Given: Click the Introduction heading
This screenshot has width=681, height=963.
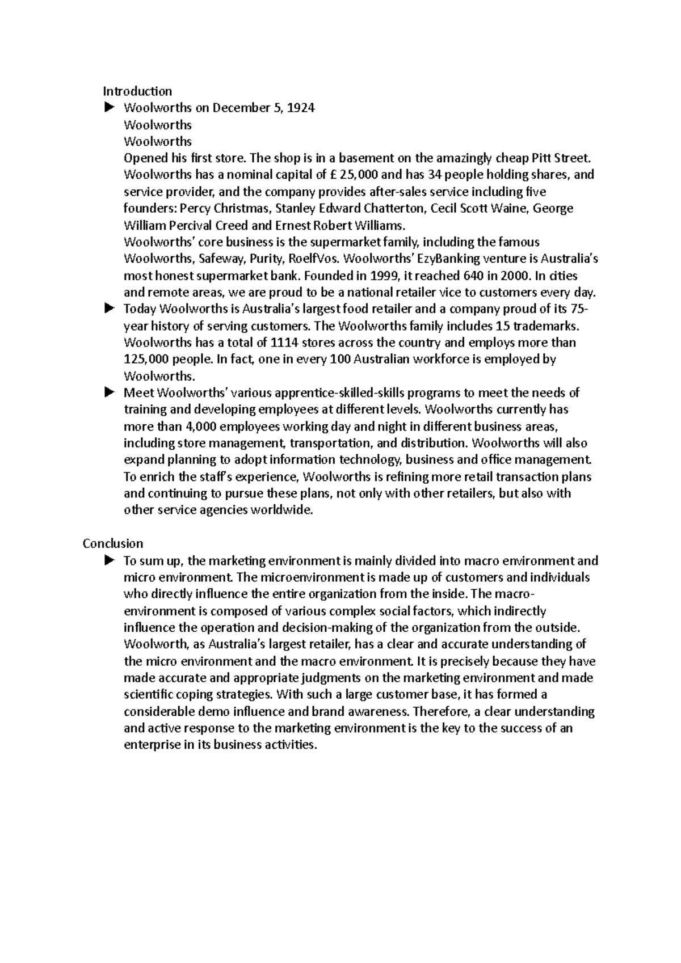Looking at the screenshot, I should [x=137, y=91].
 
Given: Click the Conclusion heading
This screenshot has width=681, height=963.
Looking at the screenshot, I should [x=112, y=543].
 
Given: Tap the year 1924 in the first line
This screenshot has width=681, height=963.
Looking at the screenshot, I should [x=301, y=108].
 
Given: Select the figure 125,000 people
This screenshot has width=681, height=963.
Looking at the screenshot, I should [x=145, y=359].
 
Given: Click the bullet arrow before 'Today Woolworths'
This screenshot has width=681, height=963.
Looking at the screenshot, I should [x=109, y=309].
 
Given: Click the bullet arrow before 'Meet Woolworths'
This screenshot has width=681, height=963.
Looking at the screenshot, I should [x=109, y=392].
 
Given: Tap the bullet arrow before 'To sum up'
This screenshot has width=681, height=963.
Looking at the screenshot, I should [x=109, y=560].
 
